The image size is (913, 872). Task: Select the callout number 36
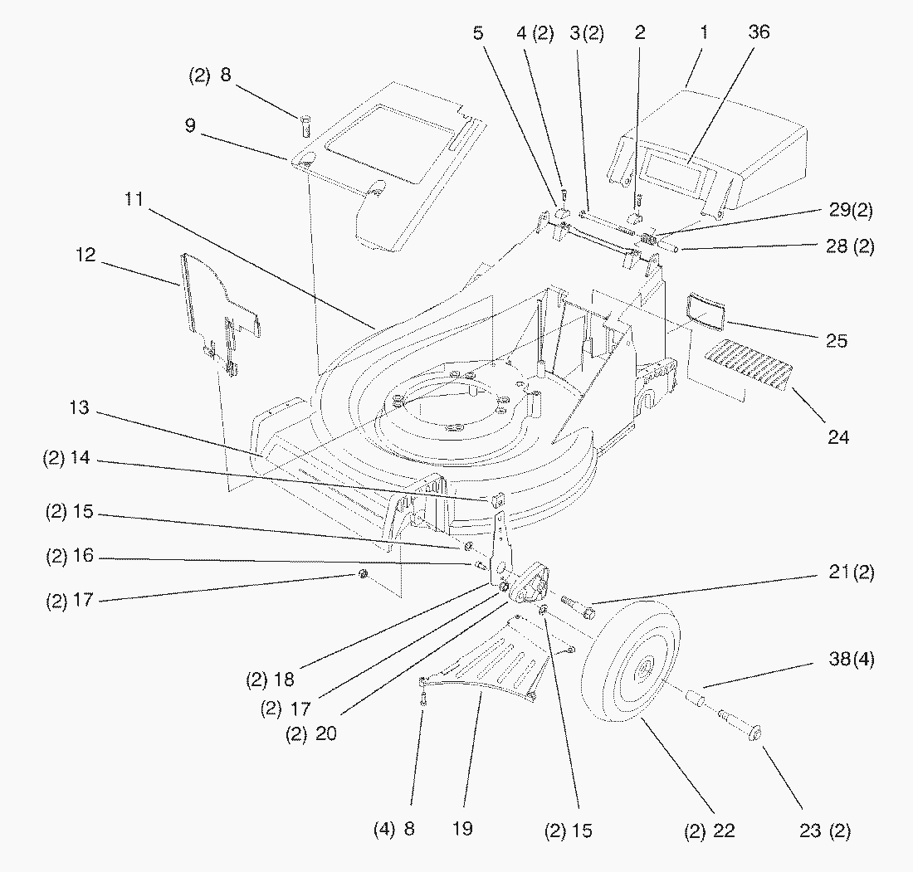[758, 32]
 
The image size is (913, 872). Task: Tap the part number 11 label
[134, 199]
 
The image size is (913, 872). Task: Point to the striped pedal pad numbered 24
[747, 365]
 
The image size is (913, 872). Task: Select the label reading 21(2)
[852, 572]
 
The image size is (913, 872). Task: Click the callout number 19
[463, 828]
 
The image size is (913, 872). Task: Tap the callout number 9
[191, 127]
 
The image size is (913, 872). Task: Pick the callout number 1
[703, 32]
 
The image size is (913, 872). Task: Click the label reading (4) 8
[395, 828]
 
